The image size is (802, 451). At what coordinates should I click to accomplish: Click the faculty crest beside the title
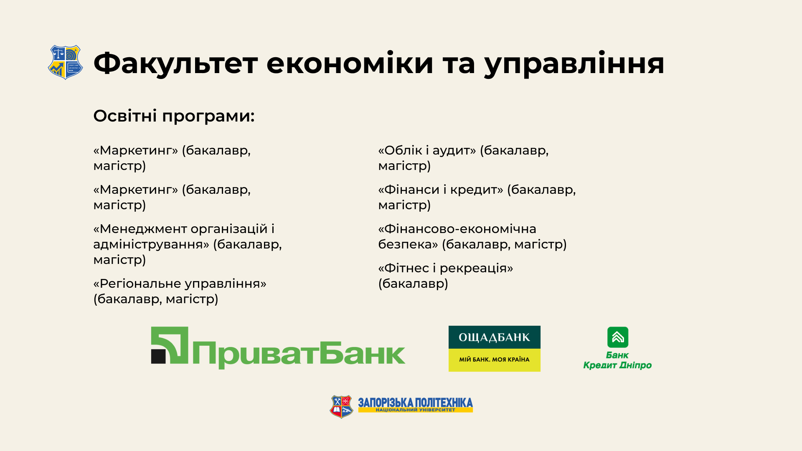pos(65,62)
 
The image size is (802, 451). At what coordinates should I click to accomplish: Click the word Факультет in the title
pos(175,63)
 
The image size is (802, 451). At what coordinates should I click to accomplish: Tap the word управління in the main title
pos(574,63)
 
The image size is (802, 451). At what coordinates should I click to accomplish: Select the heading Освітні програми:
pos(174,116)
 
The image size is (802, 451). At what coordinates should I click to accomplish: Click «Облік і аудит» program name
pos(427,150)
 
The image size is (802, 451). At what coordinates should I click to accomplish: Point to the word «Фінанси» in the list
pos(409,190)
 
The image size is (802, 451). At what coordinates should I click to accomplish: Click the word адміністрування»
pos(151,245)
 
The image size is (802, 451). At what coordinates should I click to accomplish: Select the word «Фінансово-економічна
pos(457,229)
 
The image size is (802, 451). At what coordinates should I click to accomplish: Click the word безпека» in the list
pos(408,244)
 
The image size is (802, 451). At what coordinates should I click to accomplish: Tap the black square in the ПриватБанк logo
pos(158,356)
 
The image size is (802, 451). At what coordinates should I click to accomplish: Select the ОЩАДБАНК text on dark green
pos(494,337)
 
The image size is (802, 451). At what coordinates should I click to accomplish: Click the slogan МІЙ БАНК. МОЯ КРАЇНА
pos(494,360)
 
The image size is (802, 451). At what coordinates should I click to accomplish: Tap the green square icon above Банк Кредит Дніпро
pos(618,337)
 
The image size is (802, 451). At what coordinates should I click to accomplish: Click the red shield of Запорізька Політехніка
pos(342,407)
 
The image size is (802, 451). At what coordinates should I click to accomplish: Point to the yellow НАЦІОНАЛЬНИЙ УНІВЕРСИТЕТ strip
pos(416,410)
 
